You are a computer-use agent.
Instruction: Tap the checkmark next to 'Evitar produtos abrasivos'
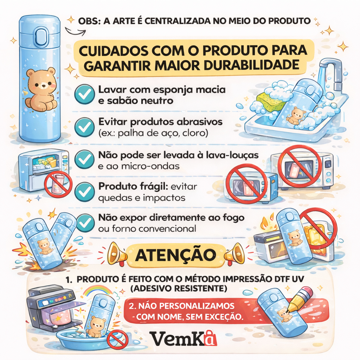85,127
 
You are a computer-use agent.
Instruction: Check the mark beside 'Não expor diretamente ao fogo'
85,222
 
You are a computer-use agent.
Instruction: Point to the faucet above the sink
330,70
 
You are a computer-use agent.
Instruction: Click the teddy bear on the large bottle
41,89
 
